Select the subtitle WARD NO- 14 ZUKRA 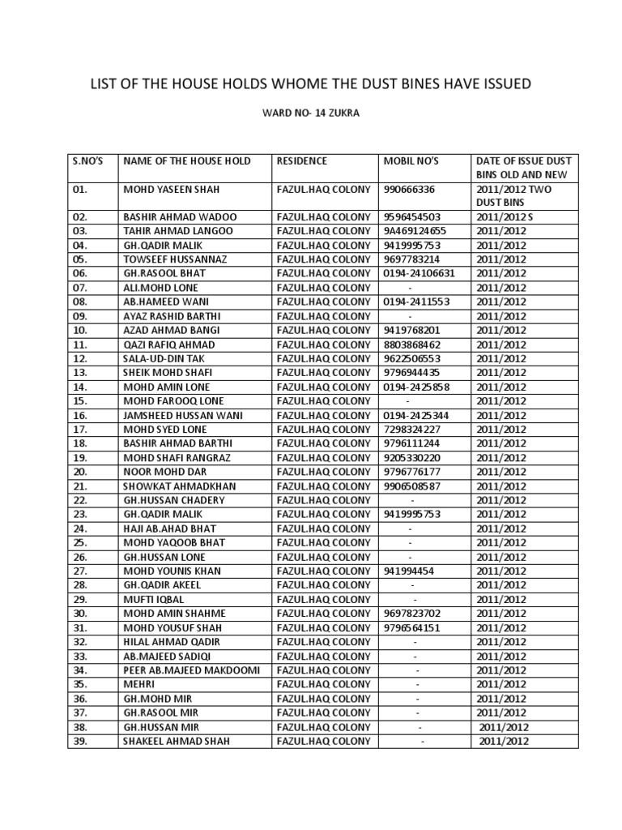point(310,114)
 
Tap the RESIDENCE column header point(302,160)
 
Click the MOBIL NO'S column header point(411,160)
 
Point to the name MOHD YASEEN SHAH point(172,190)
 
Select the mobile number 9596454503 point(413,217)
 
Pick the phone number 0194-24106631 point(420,273)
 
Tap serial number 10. point(79,331)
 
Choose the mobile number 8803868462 point(413,344)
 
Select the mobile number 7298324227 point(413,430)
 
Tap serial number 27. point(79,571)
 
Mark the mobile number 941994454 point(411,571)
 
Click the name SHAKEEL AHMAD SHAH point(176,741)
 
